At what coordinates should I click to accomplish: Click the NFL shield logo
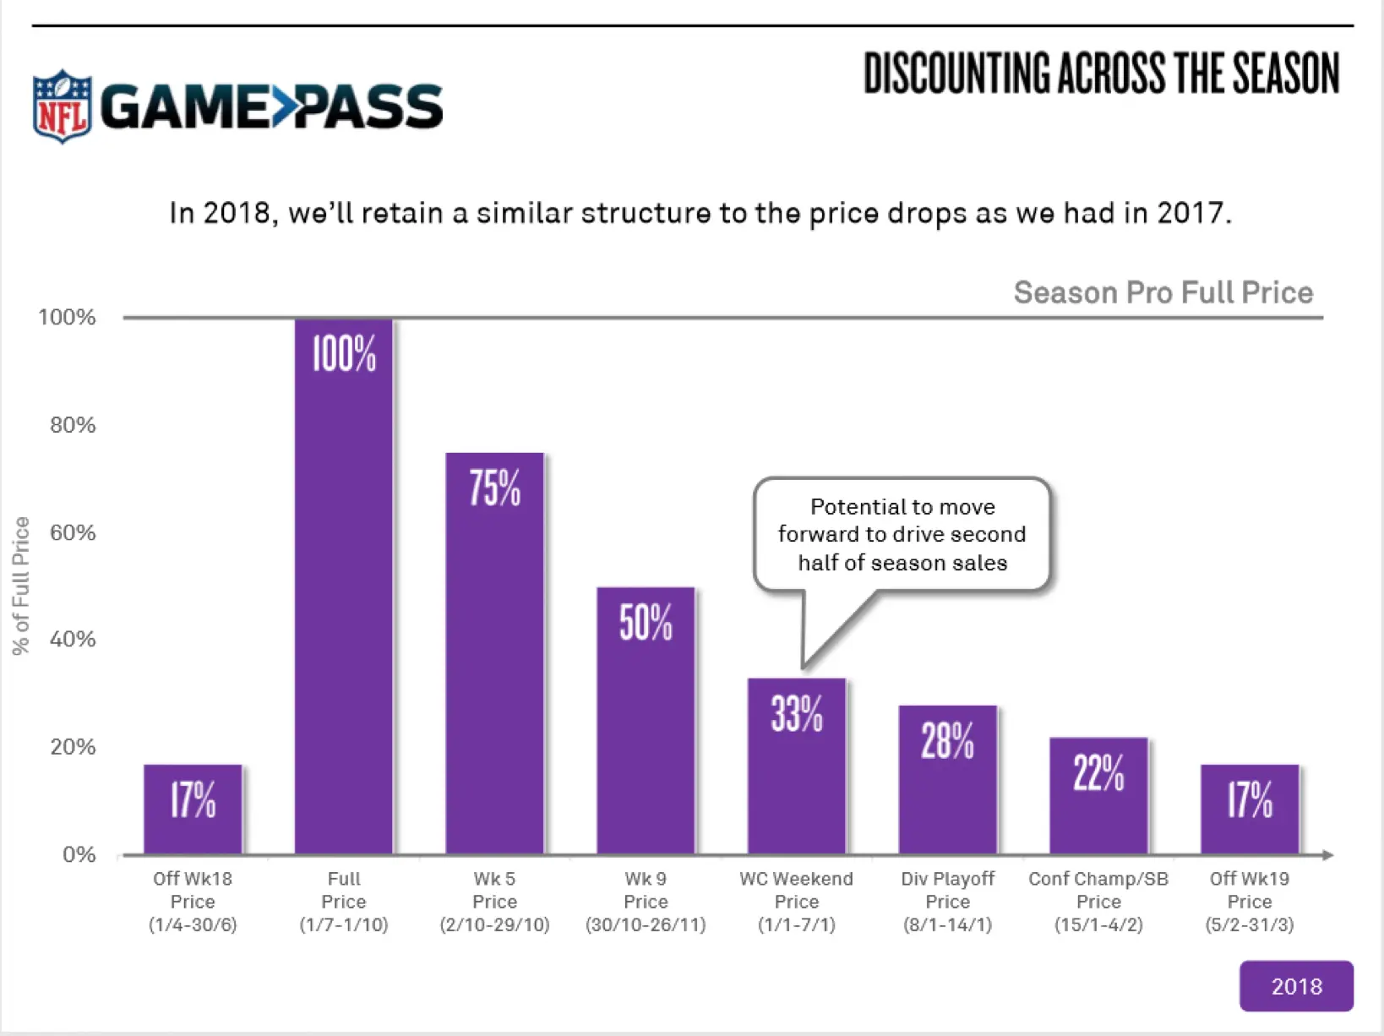(x=62, y=106)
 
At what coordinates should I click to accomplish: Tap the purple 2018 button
(x=1295, y=985)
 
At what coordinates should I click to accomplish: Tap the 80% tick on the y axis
(x=73, y=425)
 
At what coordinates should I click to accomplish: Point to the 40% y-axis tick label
(x=73, y=640)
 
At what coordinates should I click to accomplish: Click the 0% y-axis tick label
(x=79, y=854)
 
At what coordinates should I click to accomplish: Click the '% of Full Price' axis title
(x=21, y=586)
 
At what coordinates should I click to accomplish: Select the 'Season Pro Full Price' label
(x=1163, y=292)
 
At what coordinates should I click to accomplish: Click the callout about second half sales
(x=902, y=534)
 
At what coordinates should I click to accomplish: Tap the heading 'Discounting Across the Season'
(x=1101, y=74)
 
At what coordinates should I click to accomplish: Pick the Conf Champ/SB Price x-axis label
(x=1098, y=902)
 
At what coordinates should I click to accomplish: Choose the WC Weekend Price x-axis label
(x=796, y=902)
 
